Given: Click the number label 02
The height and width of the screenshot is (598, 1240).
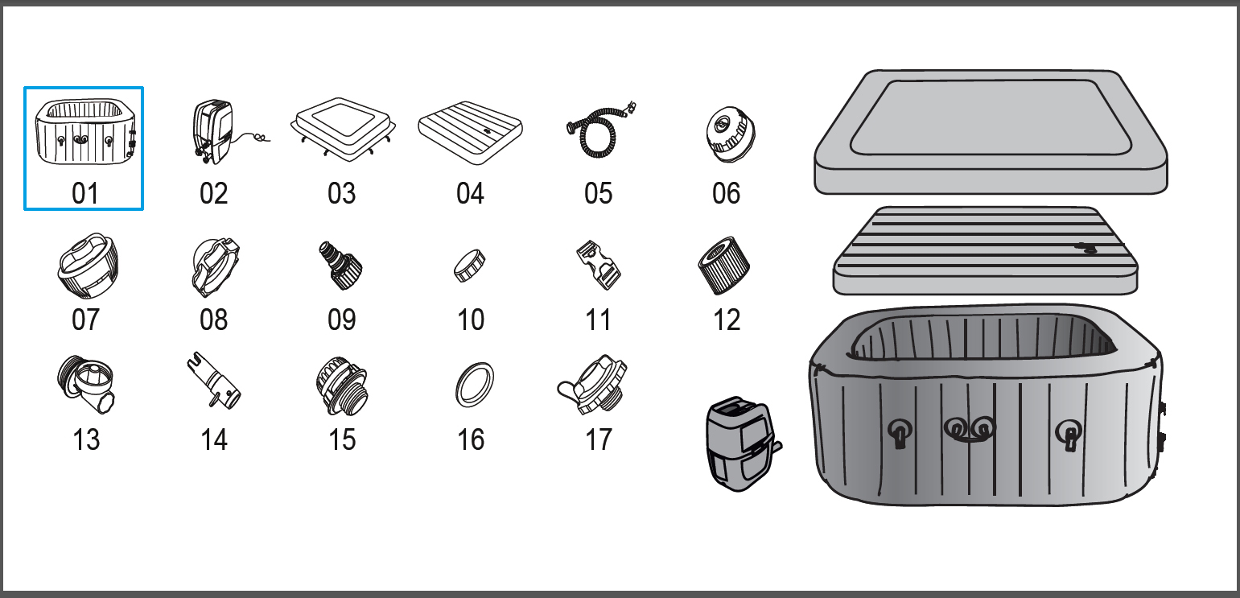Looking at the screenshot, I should point(213,193).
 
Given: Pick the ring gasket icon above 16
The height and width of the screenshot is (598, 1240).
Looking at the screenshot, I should point(473,385).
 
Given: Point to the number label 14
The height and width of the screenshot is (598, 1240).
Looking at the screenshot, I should point(213,439).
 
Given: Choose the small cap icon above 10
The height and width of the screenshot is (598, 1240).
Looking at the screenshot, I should point(471,266).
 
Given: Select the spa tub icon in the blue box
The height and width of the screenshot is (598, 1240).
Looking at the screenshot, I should point(84,131).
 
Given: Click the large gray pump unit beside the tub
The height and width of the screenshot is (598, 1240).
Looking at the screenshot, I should point(739,443).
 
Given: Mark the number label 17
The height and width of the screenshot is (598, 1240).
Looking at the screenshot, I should point(599,439).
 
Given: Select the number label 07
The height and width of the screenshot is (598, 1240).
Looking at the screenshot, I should point(85,320).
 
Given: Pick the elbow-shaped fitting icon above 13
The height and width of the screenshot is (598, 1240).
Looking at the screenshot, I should point(85,383).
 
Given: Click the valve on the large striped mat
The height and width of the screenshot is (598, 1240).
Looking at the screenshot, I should point(1085,248).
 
